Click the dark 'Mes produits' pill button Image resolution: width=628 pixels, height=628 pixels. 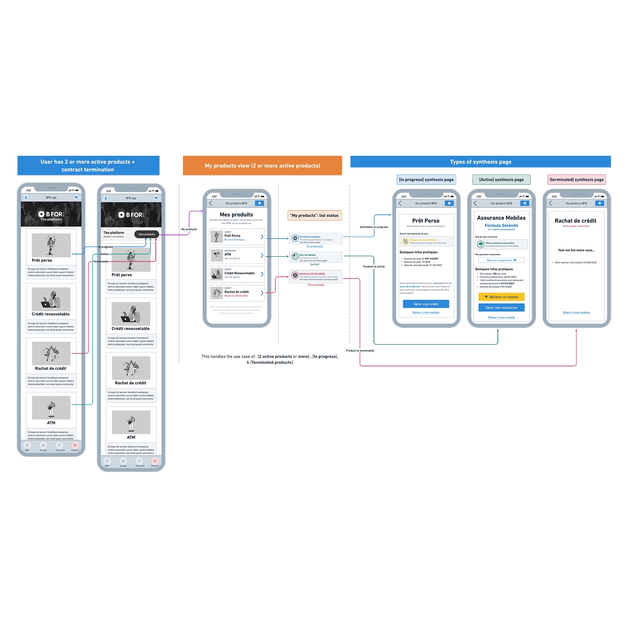pos(147,234)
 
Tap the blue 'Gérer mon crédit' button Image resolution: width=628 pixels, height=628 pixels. pos(426,304)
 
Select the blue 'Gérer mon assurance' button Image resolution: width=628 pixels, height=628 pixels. pos(501,308)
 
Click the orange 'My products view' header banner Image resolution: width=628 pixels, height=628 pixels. pos(263,166)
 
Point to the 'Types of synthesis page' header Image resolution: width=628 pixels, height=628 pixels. pos(480,162)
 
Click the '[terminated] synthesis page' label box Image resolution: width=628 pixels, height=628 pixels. pos(577,180)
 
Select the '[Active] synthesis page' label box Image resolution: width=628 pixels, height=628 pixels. pos(501,180)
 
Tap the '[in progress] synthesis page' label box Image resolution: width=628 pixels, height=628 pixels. pos(426,180)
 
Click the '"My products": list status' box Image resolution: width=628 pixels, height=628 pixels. pos(315,216)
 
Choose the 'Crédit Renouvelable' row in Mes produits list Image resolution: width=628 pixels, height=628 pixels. pos(237,274)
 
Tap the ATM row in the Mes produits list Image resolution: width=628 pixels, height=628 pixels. pos(237,255)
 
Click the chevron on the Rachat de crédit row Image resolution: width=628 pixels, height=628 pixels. pos(262,293)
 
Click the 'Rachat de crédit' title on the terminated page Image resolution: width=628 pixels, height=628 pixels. pos(575,221)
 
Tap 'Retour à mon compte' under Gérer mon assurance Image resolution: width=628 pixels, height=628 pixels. pos(501,317)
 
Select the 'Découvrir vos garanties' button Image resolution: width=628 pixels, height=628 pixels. pos(501,260)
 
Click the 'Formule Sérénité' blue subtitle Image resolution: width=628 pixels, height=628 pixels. pos(501,226)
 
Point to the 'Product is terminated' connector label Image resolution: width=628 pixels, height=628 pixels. pos(360,351)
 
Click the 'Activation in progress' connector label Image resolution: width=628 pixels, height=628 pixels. pos(374,227)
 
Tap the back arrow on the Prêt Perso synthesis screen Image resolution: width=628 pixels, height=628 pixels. pos(400,203)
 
